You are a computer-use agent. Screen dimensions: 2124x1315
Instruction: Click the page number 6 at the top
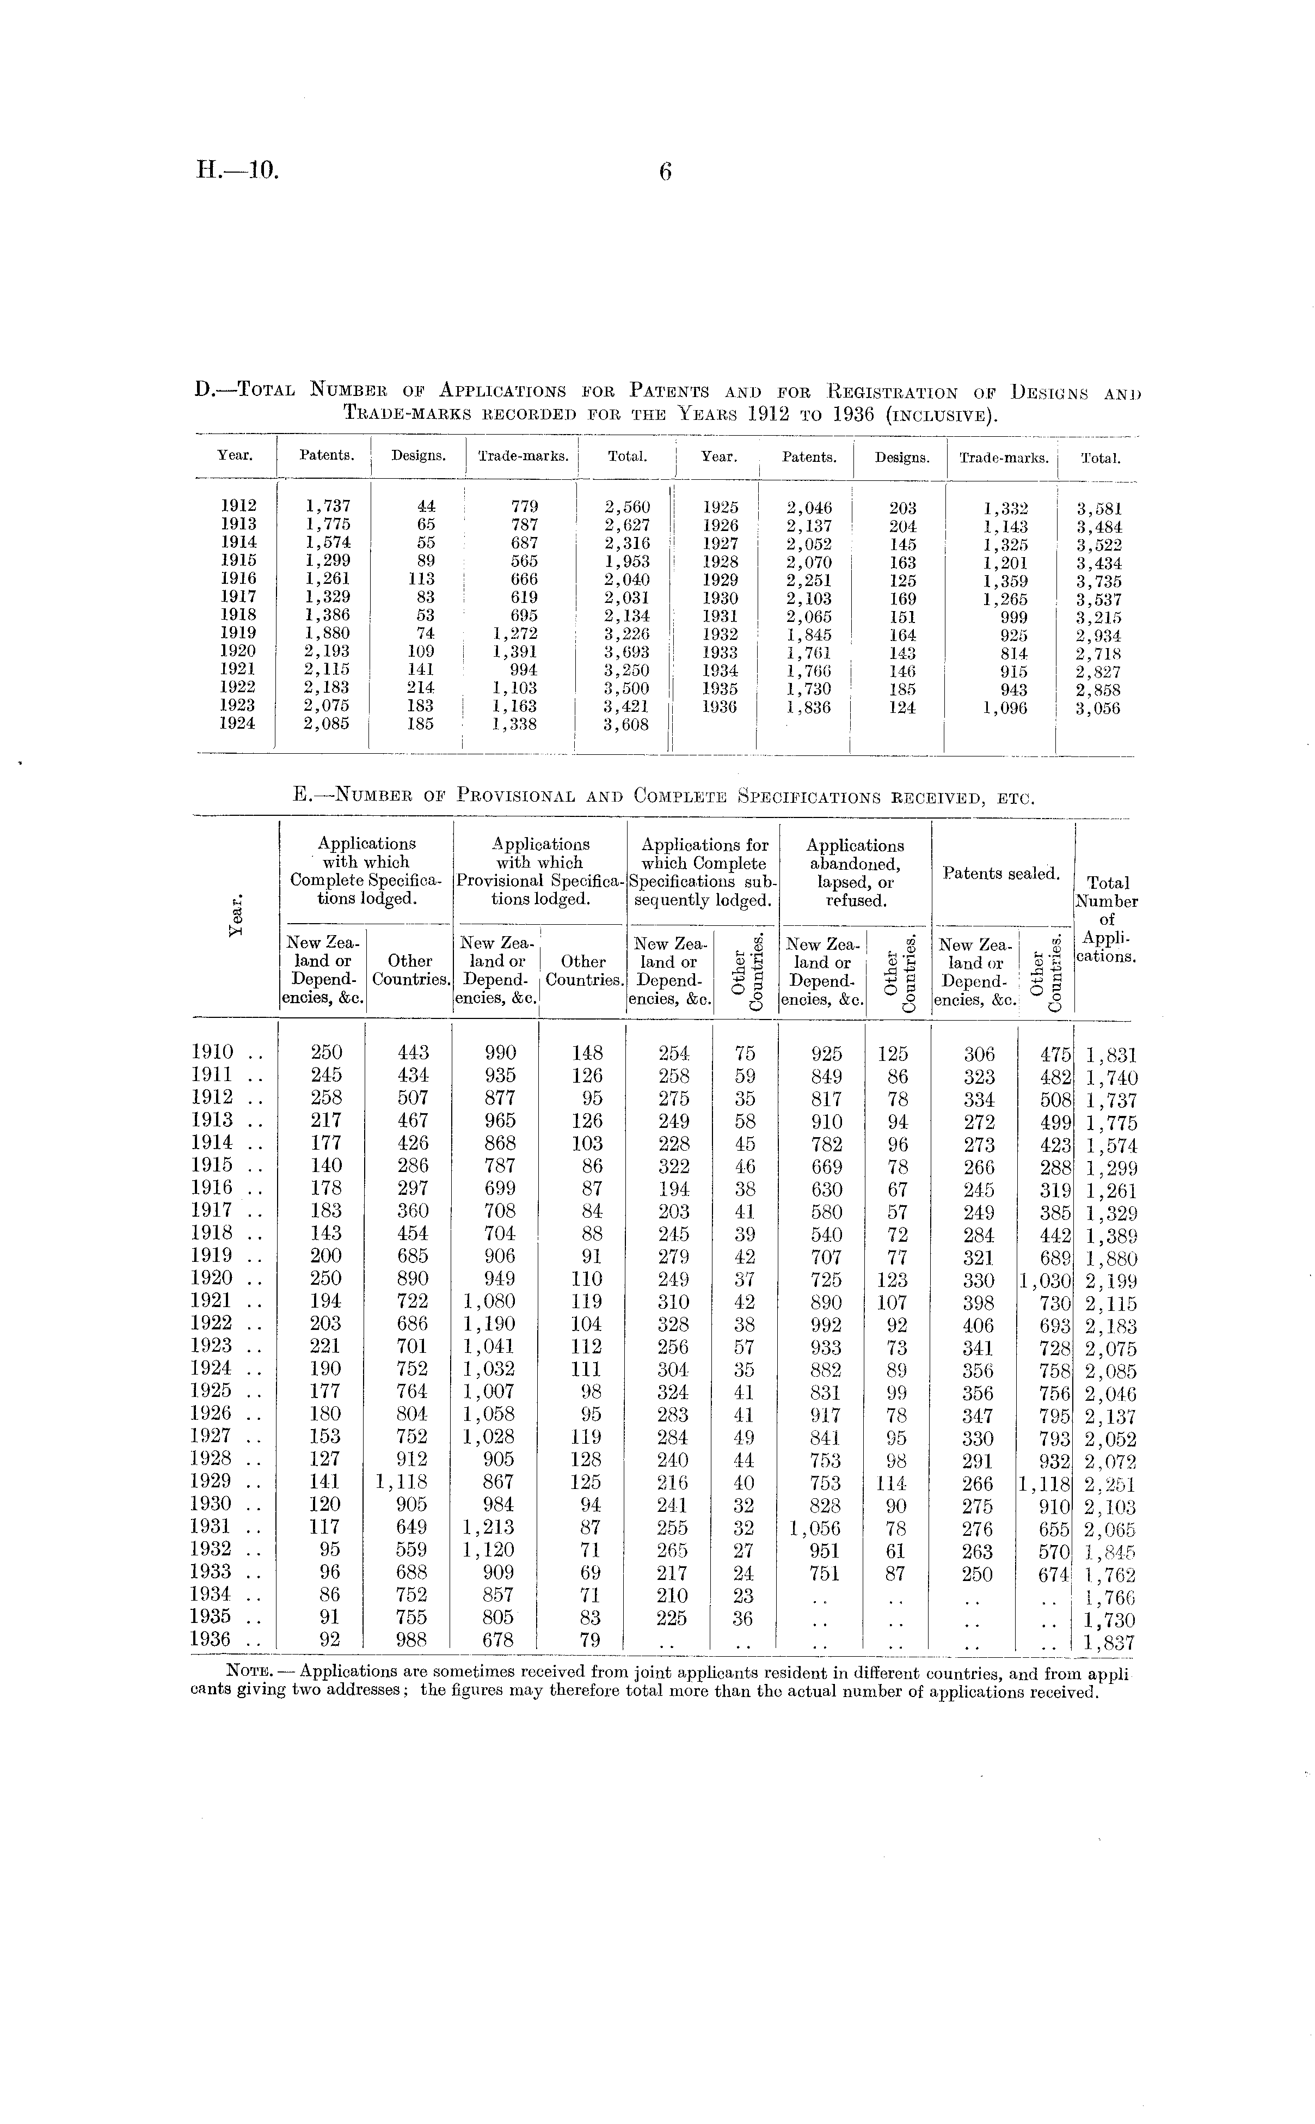(665, 172)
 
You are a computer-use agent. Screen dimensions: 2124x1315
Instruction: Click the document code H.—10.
(237, 170)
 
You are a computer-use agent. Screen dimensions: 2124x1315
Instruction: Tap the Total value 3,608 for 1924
(626, 724)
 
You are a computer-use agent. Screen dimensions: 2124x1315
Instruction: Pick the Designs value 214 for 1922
(420, 687)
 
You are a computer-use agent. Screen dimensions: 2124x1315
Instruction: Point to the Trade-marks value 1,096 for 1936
(1005, 709)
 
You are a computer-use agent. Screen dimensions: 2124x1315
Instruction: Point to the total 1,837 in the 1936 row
(1110, 1643)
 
